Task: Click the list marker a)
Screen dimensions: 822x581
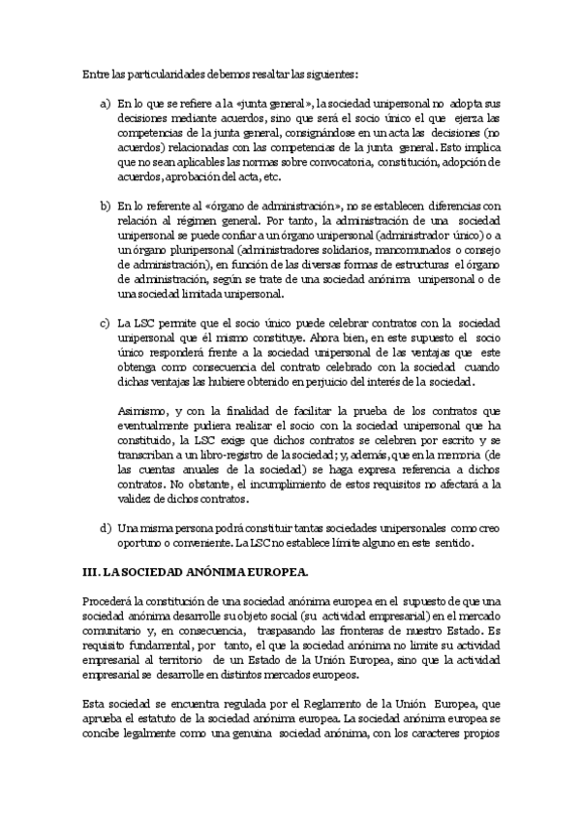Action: tap(106, 104)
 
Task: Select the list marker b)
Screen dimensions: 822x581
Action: tap(106, 205)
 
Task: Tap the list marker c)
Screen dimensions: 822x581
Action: tap(106, 322)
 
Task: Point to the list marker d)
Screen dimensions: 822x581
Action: tap(106, 527)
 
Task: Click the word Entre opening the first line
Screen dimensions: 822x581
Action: tap(95, 73)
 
